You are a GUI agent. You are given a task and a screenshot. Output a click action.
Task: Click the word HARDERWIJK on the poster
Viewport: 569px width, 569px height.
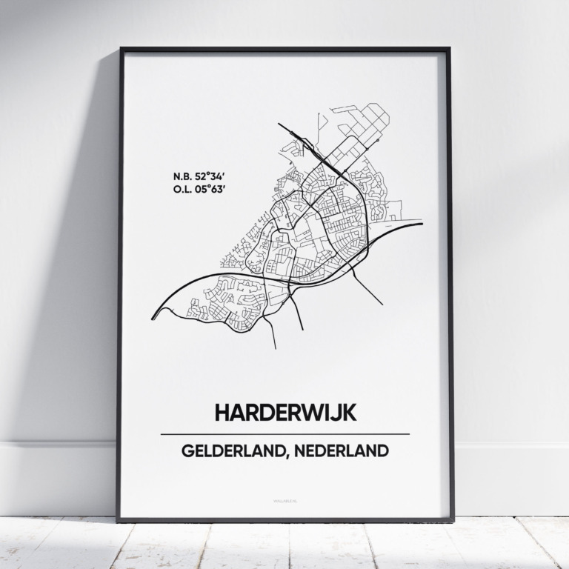tap(285, 413)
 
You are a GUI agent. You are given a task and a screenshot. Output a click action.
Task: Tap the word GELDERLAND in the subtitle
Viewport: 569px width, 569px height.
tap(227, 450)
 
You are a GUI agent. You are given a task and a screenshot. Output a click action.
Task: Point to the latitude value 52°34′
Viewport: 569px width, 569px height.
tap(209, 176)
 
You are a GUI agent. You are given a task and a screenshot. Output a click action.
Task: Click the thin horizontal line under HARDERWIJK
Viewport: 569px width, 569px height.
tap(285, 433)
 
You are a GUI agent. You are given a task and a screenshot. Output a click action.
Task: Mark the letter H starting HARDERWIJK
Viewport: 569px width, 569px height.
tap(222, 413)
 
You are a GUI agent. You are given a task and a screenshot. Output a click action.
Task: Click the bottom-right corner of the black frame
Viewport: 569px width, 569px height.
tap(453, 519)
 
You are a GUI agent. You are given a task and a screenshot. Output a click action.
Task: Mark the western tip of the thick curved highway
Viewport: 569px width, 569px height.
tap(153, 318)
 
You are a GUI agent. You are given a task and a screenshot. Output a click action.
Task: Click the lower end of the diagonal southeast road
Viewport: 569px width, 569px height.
tap(382, 305)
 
